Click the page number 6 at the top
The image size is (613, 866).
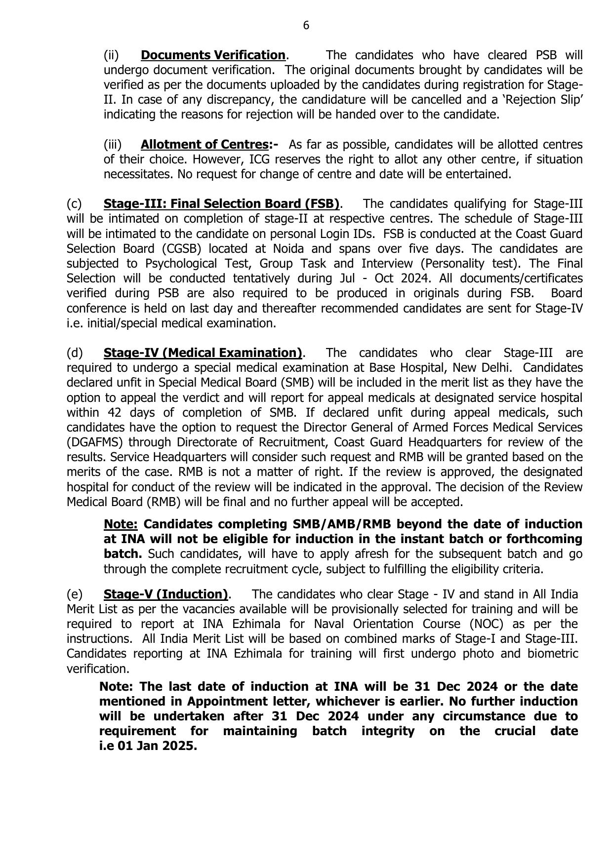pos(306,26)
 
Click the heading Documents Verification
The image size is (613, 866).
pos(213,55)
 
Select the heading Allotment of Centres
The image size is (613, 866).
pos(204,145)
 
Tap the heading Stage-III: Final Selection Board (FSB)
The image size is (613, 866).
pos(221,204)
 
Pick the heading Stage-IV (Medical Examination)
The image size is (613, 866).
pos(203,353)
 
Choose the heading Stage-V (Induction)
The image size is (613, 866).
pos(165,594)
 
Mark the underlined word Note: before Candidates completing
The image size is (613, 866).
pos(121,524)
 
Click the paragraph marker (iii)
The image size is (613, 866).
pos(112,145)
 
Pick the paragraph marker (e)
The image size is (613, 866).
pos(74,594)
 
